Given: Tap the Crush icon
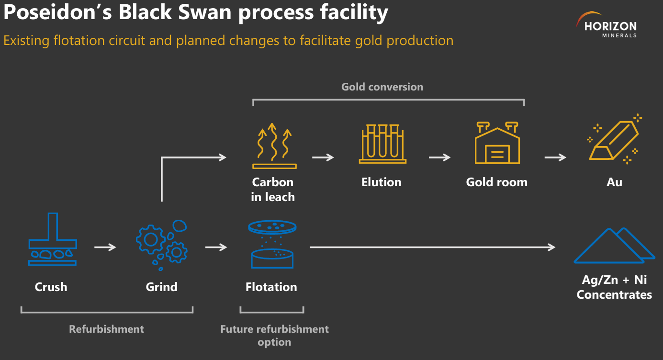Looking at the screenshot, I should point(52,239).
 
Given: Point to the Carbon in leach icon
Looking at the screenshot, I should point(274,146).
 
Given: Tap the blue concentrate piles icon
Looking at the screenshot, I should point(615,246).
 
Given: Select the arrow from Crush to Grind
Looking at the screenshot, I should point(105,247).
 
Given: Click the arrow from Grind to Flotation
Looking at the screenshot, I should point(216,247).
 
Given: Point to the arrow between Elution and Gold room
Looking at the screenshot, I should point(439,157).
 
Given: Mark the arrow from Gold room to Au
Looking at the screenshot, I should point(555,157).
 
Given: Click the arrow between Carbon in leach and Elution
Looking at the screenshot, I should point(323,157).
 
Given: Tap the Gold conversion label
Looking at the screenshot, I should point(382,87).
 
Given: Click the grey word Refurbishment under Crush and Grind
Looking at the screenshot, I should point(106,329).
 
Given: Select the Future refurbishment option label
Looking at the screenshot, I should point(274,336).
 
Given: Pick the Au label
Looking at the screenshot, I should point(615,182).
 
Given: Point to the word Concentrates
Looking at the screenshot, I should point(614,294).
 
